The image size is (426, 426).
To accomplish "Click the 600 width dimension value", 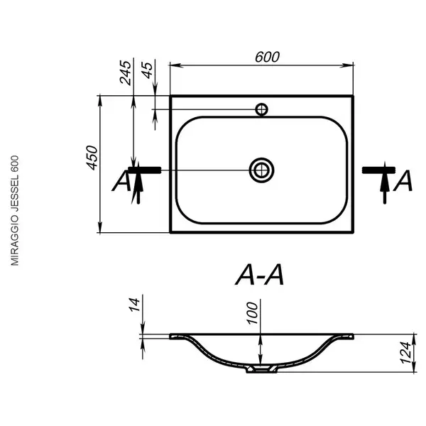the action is (267, 57).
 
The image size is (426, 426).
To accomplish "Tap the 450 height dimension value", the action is (92, 158).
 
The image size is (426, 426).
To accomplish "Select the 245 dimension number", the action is (125, 72).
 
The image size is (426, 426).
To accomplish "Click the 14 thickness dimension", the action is (134, 305).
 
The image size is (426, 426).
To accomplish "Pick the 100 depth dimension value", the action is (252, 313).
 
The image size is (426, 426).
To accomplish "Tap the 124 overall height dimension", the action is (405, 353).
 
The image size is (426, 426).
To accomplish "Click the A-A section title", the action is (259, 275).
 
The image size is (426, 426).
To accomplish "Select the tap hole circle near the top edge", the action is (261, 109).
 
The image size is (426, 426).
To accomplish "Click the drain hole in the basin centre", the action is (261, 170).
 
